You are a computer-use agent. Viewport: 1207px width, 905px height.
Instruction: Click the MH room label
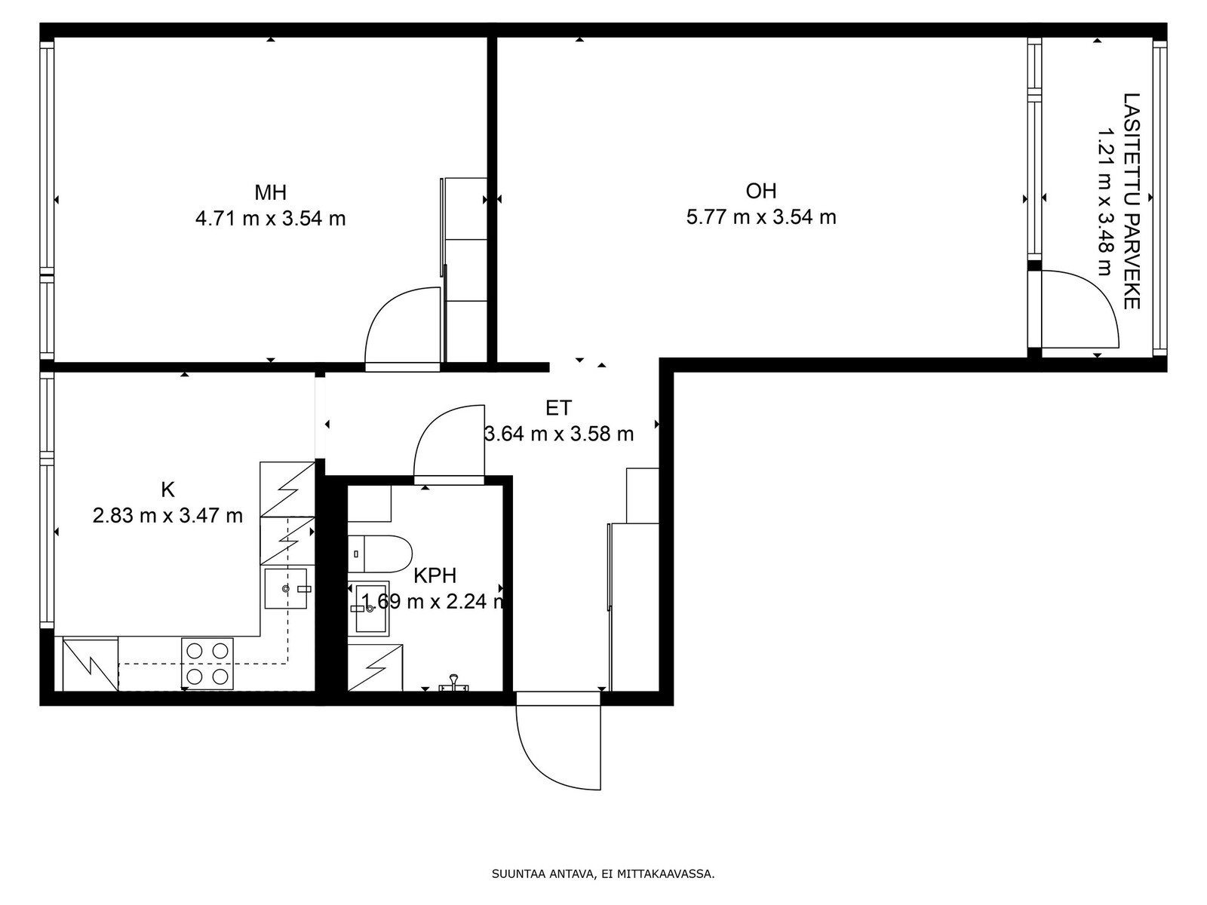(x=271, y=192)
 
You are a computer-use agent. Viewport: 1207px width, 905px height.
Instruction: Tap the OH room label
(x=761, y=191)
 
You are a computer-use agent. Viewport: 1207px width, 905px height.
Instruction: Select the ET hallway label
(x=559, y=408)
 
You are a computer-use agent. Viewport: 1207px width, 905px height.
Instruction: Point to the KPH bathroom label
(x=435, y=575)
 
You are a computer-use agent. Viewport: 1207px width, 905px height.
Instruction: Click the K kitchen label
(x=167, y=489)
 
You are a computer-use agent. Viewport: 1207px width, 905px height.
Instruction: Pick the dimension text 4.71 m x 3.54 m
(x=271, y=219)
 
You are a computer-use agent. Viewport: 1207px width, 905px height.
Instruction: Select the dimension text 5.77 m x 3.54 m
(x=761, y=217)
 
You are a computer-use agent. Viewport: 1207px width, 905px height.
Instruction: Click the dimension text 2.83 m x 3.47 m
(x=167, y=515)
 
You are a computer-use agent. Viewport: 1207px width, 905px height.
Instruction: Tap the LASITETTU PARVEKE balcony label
(x=1131, y=201)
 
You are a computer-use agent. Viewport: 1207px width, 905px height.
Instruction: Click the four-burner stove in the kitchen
(x=207, y=663)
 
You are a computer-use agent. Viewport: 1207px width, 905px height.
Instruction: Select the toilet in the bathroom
(x=380, y=554)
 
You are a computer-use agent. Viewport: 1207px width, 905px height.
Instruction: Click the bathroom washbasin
(x=369, y=609)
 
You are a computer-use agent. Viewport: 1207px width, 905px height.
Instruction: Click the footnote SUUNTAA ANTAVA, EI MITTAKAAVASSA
(x=603, y=873)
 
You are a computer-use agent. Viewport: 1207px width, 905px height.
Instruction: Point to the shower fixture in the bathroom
(x=453, y=683)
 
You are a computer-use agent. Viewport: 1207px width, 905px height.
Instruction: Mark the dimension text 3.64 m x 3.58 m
(x=559, y=434)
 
